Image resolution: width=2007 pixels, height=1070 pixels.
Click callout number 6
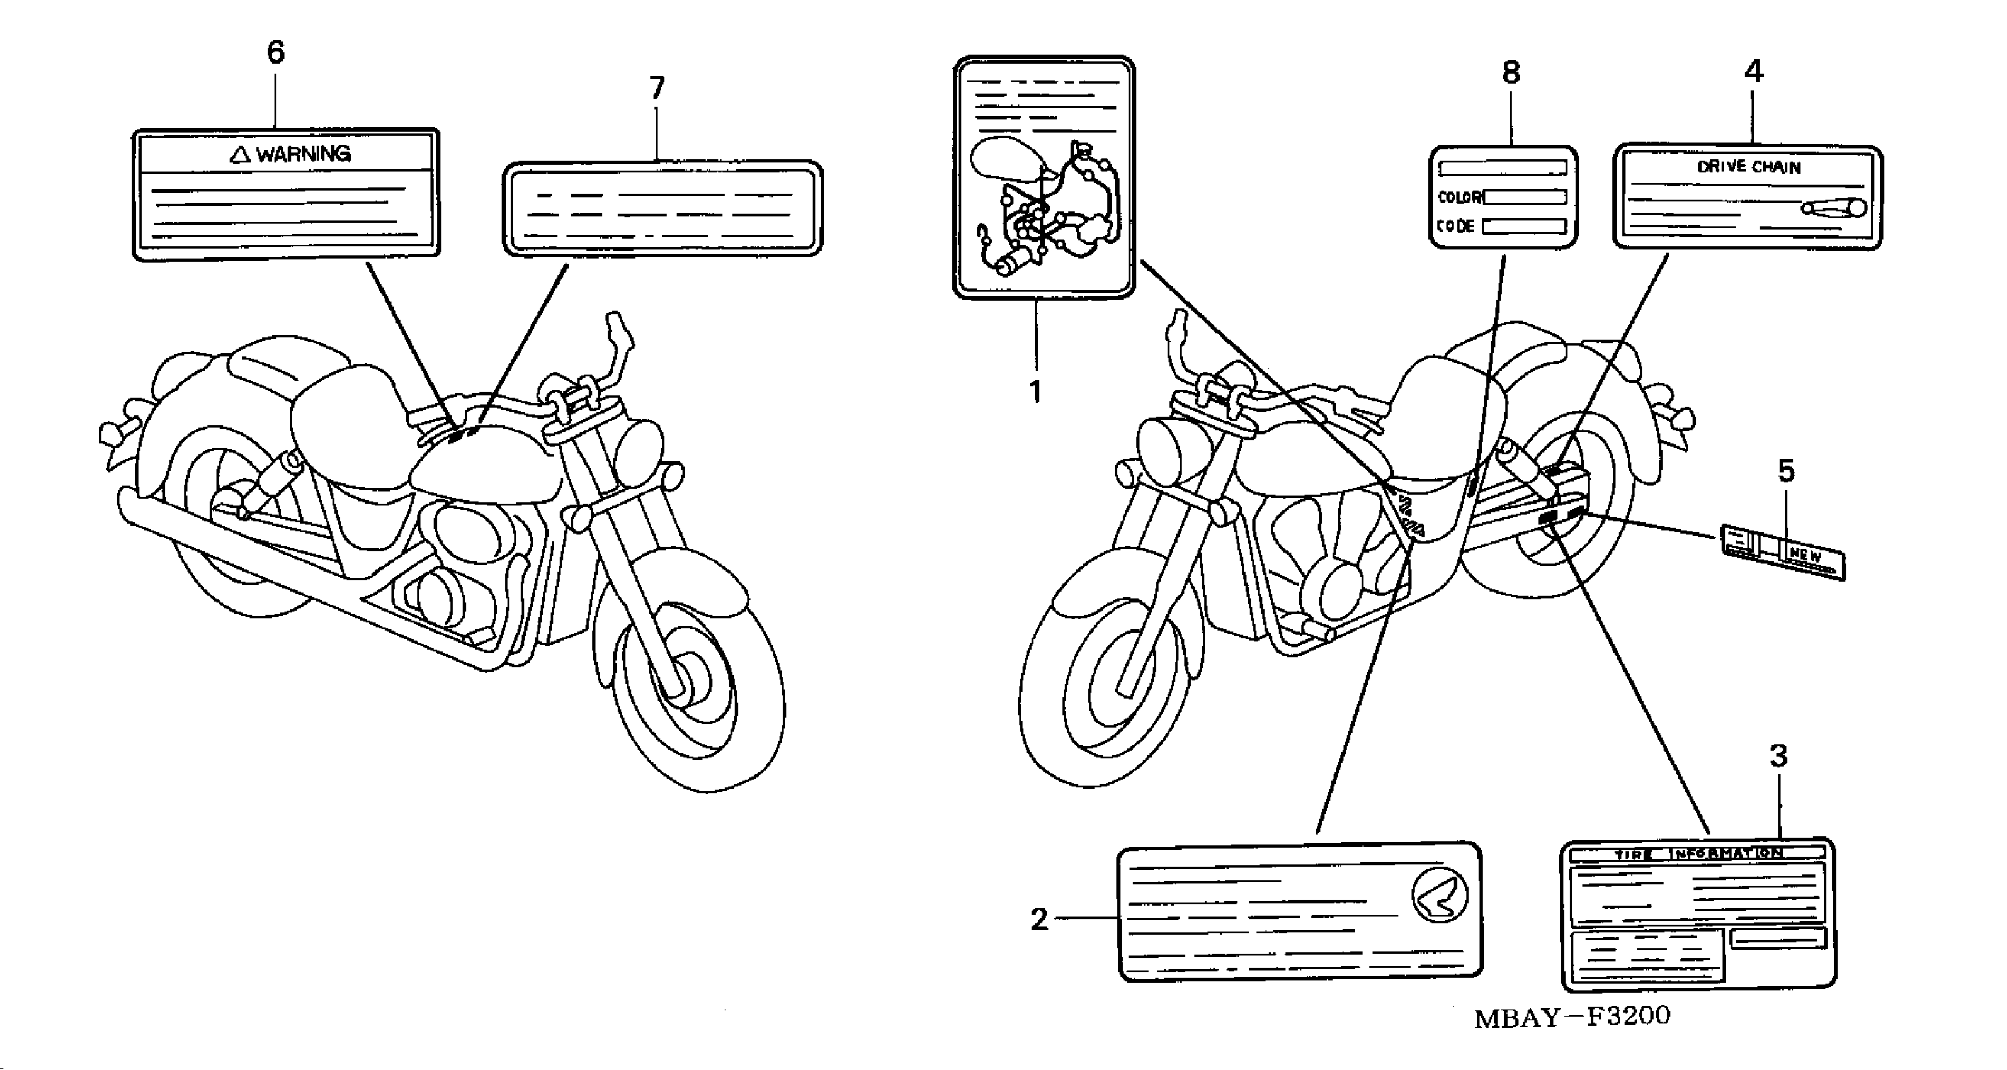(x=276, y=53)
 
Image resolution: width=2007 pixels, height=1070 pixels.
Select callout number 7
(x=657, y=89)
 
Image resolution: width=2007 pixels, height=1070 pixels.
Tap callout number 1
(x=1035, y=391)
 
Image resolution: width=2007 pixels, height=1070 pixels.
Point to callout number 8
(x=1511, y=73)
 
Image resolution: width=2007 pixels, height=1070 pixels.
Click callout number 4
(x=1753, y=72)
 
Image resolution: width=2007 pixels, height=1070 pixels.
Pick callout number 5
(x=1786, y=471)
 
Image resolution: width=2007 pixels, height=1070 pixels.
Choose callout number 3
(x=1778, y=755)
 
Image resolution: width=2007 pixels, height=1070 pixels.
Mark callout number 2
(x=1039, y=920)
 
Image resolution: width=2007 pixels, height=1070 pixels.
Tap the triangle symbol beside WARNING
(x=240, y=154)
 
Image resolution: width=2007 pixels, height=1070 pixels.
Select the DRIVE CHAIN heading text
(x=1749, y=167)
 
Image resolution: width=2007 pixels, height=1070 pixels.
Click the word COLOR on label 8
(x=1459, y=197)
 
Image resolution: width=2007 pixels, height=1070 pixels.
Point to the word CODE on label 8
(x=1455, y=227)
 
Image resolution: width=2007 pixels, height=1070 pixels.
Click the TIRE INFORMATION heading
(x=1698, y=854)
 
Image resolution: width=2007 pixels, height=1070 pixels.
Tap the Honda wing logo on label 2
(x=1439, y=896)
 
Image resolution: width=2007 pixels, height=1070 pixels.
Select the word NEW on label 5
(x=1804, y=556)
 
